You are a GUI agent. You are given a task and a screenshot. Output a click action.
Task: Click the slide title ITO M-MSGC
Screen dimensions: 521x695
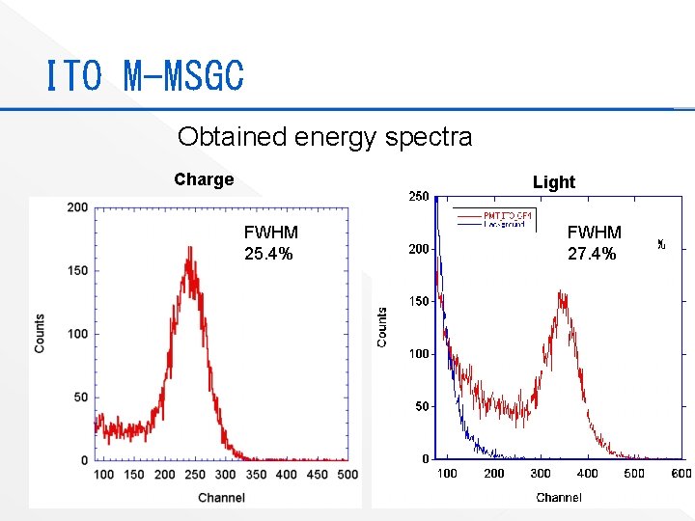[145, 75]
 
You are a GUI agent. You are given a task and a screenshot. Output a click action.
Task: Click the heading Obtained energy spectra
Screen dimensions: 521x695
[324, 137]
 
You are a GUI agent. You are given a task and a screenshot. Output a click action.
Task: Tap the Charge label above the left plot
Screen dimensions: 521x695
[204, 179]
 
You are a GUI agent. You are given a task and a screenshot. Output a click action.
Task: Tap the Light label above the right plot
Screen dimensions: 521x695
[553, 182]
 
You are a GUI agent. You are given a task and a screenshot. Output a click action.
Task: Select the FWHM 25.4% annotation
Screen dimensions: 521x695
[270, 243]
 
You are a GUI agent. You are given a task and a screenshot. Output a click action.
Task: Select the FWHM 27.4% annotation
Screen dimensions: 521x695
[594, 243]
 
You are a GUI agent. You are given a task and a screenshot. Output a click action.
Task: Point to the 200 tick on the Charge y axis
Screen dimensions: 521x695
[77, 207]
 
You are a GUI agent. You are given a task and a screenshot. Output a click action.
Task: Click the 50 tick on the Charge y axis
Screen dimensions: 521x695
[80, 398]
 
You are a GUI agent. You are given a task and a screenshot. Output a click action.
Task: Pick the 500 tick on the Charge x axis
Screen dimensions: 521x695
[347, 475]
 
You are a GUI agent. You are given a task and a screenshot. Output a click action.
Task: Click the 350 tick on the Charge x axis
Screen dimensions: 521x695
[256, 475]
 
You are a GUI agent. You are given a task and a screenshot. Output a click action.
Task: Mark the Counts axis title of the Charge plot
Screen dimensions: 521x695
[40, 333]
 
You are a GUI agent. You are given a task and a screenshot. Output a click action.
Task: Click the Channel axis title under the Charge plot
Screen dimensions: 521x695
[221, 498]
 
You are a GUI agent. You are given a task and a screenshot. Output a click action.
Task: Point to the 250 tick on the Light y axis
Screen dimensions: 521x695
[419, 197]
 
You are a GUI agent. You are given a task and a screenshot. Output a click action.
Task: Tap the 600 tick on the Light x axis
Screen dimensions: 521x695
[681, 473]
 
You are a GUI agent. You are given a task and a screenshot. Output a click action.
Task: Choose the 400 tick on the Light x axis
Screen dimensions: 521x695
[587, 473]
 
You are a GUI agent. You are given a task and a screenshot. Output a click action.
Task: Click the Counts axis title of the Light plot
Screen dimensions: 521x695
[382, 327]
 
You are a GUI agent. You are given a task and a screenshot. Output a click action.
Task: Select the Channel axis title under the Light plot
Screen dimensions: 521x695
[558, 498]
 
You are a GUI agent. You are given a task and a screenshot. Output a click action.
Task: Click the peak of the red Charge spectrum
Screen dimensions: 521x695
[190, 247]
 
